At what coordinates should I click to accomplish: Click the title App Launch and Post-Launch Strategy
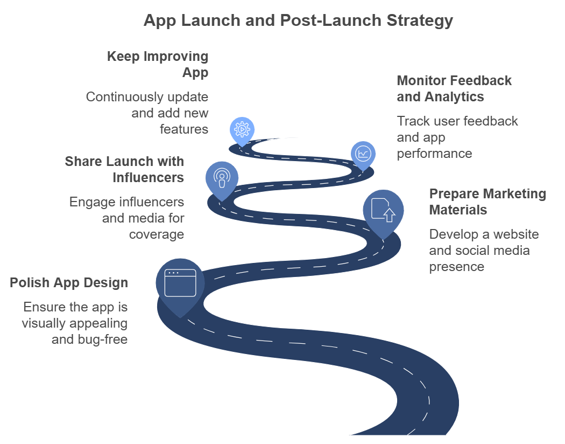(x=298, y=20)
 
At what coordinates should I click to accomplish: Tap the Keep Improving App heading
(x=158, y=64)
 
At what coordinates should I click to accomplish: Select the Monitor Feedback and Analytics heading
(x=454, y=88)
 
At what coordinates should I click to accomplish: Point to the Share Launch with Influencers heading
(x=124, y=169)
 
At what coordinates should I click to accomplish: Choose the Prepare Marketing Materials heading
(x=488, y=202)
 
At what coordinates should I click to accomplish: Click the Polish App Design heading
(x=69, y=282)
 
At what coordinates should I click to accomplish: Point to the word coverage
(x=157, y=234)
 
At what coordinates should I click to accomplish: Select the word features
(x=184, y=129)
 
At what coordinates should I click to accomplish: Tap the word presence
(x=456, y=267)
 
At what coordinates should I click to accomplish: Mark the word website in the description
(x=516, y=234)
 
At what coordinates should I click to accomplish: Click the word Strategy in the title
(x=420, y=21)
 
